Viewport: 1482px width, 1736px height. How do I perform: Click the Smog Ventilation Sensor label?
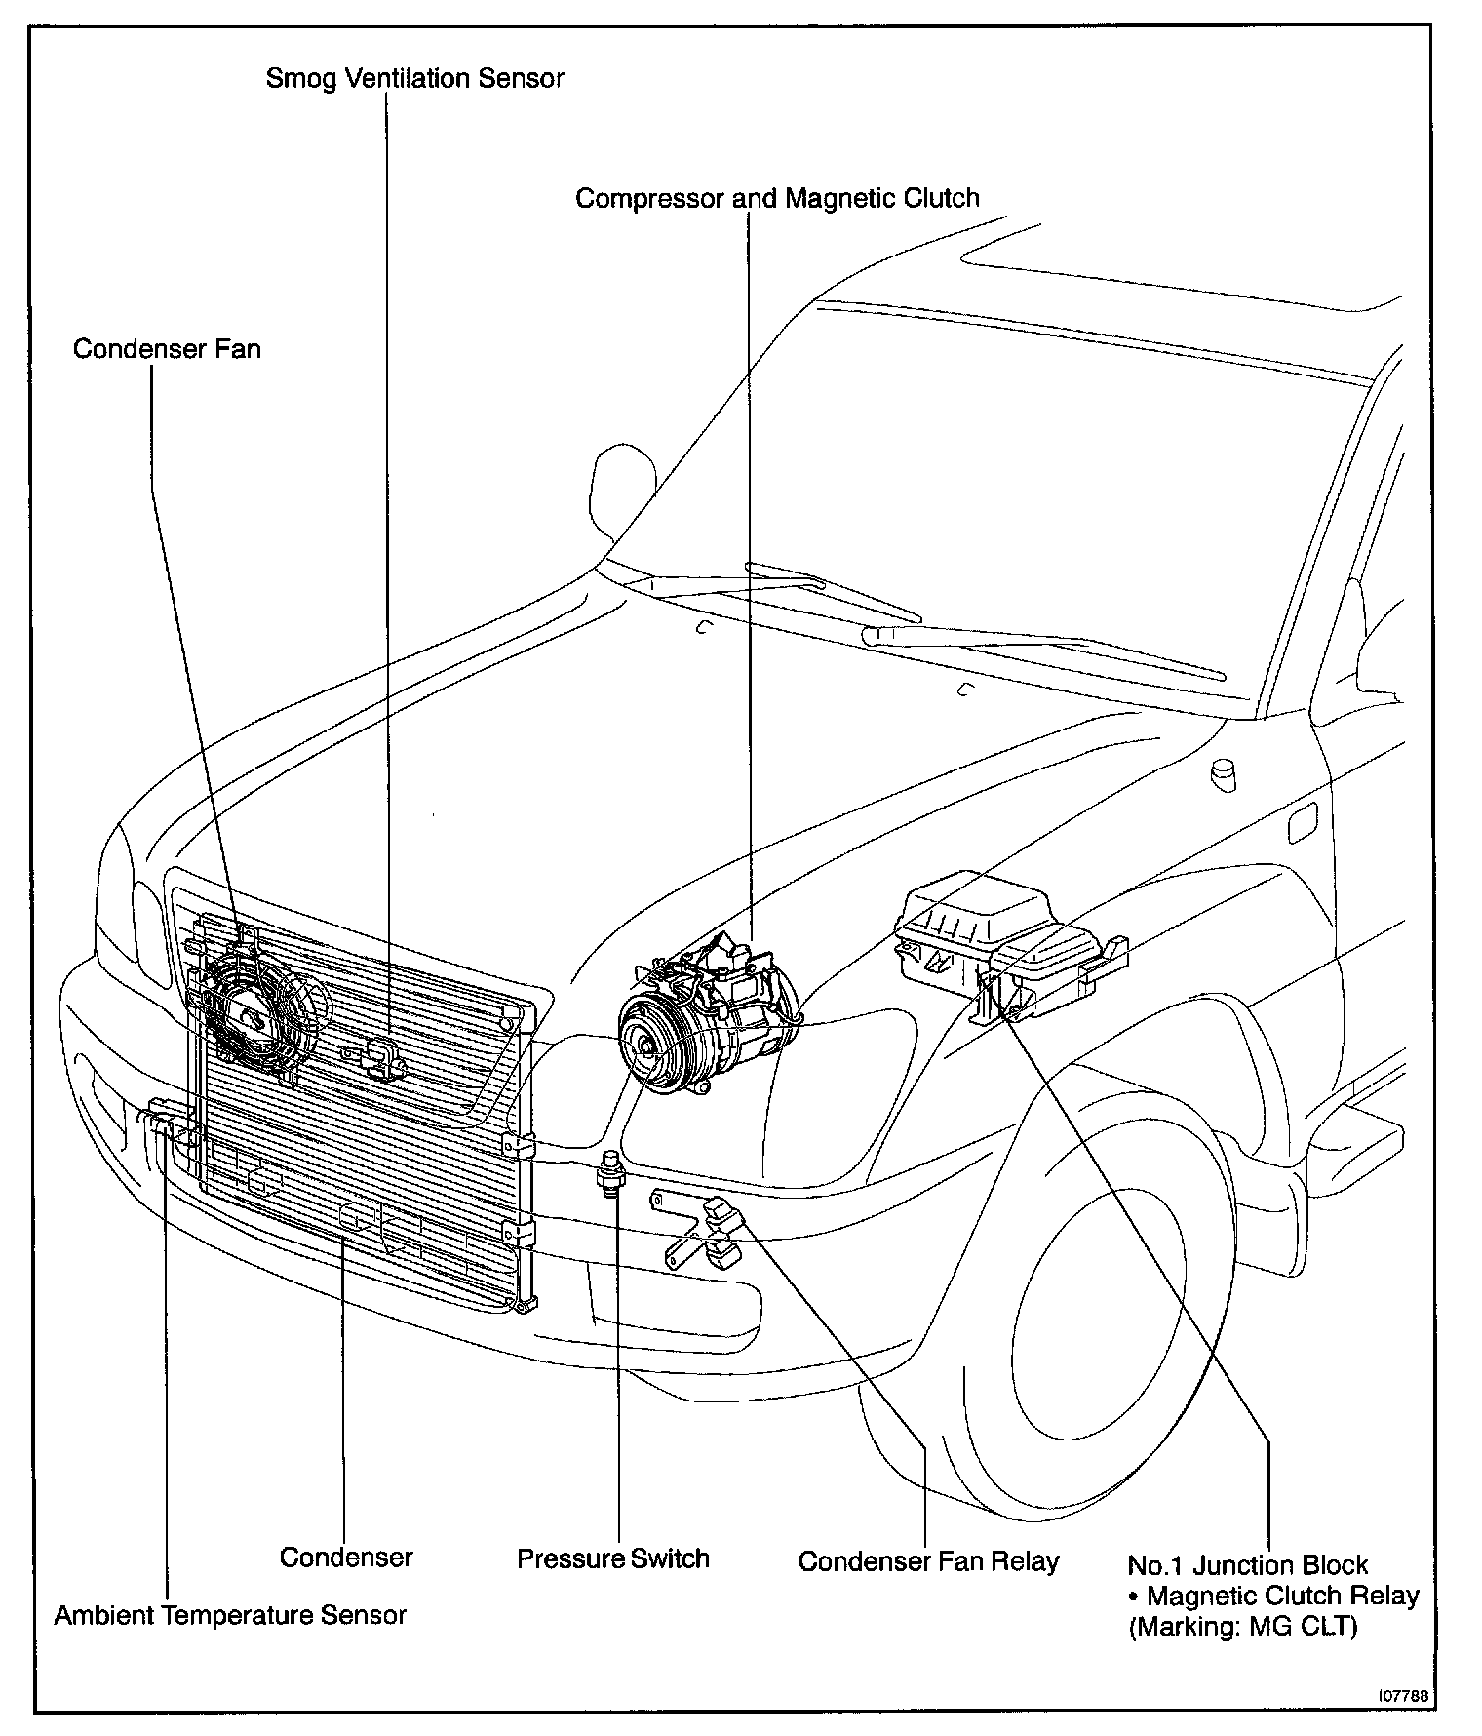tap(414, 78)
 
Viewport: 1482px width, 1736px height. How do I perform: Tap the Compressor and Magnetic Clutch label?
tap(777, 198)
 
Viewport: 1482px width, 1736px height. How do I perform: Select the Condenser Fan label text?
tap(167, 348)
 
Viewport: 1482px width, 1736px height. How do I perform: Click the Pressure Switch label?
tap(612, 1558)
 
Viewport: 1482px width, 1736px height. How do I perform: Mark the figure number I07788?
tap(1403, 1696)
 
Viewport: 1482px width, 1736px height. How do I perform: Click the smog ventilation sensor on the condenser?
tap(383, 1059)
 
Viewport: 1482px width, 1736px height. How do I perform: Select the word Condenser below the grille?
tap(346, 1557)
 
